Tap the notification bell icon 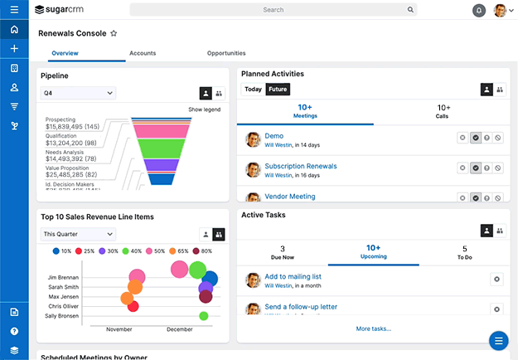coord(479,11)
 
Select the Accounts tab coord(143,53)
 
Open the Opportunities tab coord(226,53)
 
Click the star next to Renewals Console coord(114,34)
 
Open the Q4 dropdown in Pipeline coord(78,94)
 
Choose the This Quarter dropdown coord(78,234)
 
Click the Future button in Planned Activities coord(278,90)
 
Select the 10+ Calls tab coord(443,111)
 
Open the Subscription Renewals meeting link coord(300,166)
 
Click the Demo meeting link coord(274,136)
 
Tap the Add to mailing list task coord(293,276)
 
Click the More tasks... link coord(373,328)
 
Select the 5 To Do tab coord(464,252)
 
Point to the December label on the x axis coord(179,329)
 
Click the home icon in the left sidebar coord(14,30)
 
